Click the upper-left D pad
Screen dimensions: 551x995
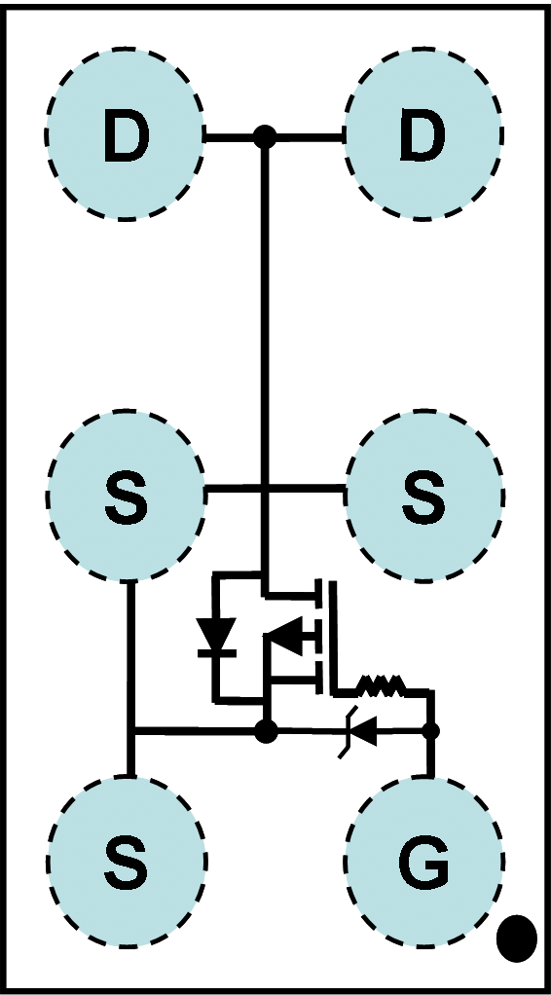(x=125, y=134)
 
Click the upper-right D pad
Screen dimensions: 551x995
(x=423, y=134)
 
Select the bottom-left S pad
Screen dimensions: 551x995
(x=127, y=862)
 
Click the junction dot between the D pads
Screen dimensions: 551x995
(x=265, y=135)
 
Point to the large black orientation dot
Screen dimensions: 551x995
(x=517, y=939)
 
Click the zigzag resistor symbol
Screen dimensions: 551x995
(x=381, y=684)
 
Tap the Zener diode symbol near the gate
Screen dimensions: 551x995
(x=360, y=732)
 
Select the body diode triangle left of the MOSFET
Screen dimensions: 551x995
(x=216, y=636)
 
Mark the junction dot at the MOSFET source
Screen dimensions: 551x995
(x=266, y=732)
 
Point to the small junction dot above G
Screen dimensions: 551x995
(x=431, y=732)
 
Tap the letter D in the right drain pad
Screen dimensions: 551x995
(x=423, y=134)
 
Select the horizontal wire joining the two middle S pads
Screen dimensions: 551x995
(x=275, y=489)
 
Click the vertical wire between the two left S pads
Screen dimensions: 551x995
(x=130, y=678)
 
